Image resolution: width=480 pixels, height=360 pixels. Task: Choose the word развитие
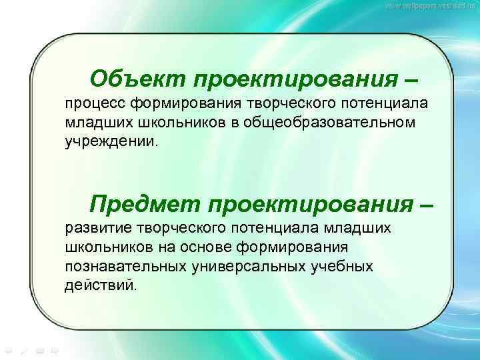click(96, 229)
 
